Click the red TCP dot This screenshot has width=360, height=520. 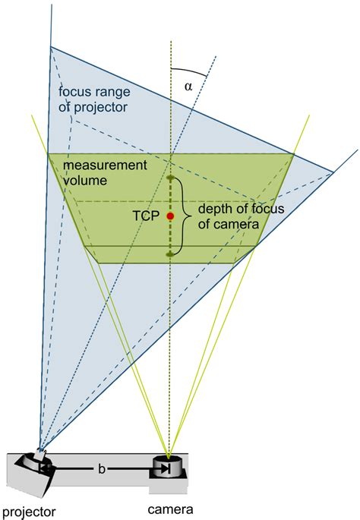pyautogui.click(x=171, y=216)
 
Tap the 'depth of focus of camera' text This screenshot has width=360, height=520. pyautogui.click(x=230, y=216)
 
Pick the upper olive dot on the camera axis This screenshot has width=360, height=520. pyautogui.click(x=171, y=179)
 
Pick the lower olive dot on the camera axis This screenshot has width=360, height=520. pyautogui.click(x=171, y=254)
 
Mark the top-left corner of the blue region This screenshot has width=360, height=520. pyautogui.click(x=52, y=47)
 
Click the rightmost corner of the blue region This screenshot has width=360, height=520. pyautogui.click(x=334, y=172)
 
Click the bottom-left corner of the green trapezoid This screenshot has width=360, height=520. pyautogui.click(x=99, y=263)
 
